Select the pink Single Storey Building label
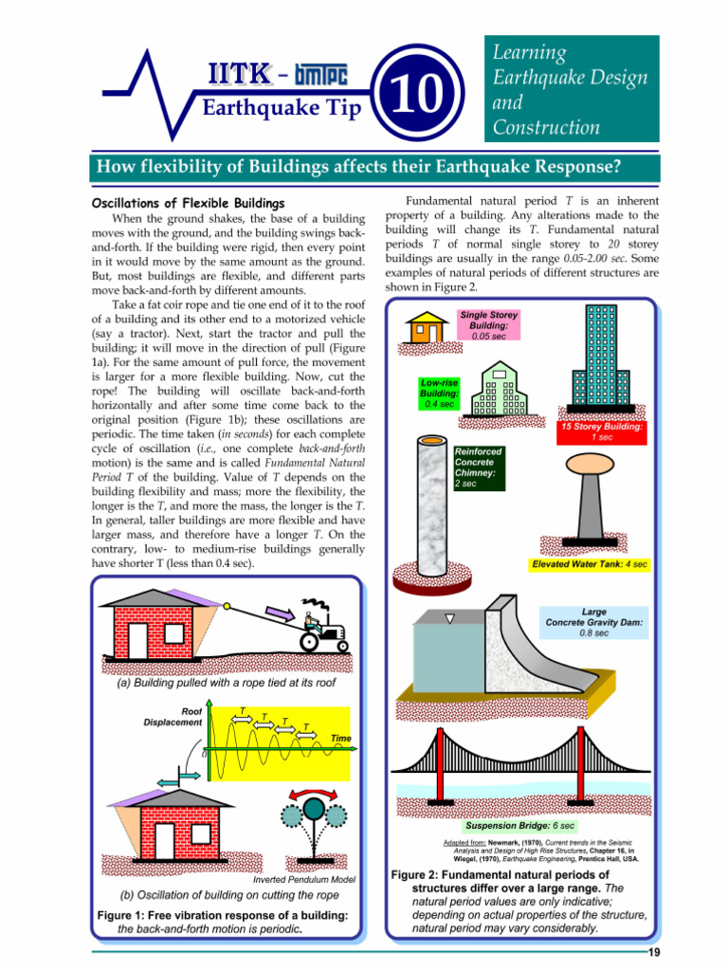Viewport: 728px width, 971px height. point(488,325)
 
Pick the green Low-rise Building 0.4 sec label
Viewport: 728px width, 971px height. point(440,393)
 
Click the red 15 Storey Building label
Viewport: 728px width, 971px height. point(601,431)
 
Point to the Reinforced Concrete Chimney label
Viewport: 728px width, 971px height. point(479,467)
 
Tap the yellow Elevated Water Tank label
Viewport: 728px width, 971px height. point(590,564)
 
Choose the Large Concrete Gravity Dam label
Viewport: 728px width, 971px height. point(594,622)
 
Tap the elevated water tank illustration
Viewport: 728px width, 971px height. point(587,502)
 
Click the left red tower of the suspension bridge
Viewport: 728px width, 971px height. point(440,773)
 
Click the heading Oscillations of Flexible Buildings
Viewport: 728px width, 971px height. point(188,204)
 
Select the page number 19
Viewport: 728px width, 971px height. point(653,952)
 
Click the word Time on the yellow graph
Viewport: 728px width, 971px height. point(340,738)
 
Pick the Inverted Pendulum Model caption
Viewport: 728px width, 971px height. point(304,879)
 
